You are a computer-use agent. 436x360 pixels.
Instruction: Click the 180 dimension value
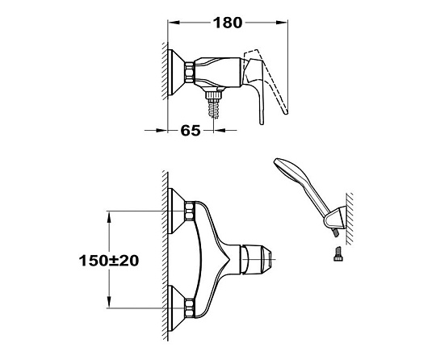[x=228, y=23]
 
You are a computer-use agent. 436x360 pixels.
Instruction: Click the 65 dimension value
[x=191, y=131]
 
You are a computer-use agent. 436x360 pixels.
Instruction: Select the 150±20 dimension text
[x=109, y=261]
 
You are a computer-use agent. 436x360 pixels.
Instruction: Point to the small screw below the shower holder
[x=337, y=253]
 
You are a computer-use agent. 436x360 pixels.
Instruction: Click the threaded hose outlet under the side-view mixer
[x=214, y=103]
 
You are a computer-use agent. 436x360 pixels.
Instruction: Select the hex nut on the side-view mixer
[x=190, y=73]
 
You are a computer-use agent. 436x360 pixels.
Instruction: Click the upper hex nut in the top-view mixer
[x=190, y=211]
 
